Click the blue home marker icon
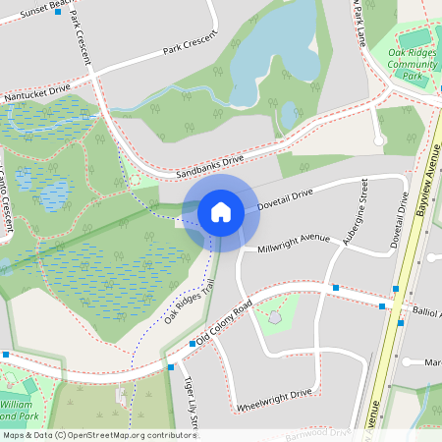(221, 211)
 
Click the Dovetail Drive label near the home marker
(284, 200)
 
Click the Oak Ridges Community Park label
(414, 64)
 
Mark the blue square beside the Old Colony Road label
(193, 344)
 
